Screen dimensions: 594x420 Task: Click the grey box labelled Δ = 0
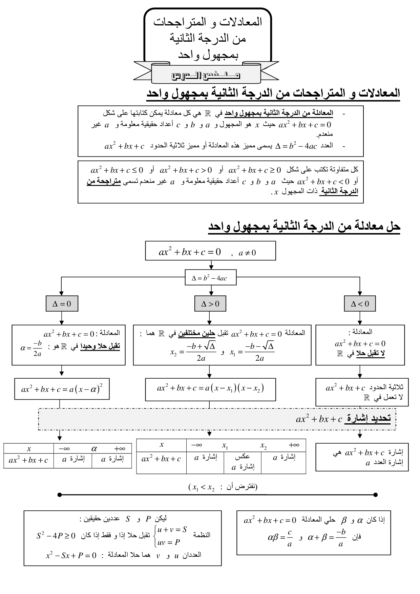(62, 303)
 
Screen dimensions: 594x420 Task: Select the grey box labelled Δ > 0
(210, 303)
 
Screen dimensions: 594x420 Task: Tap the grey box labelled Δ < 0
(360, 303)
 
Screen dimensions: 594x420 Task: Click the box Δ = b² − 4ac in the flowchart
(210, 278)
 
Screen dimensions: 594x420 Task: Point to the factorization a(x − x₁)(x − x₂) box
(210, 388)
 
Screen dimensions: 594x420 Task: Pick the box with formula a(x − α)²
(62, 389)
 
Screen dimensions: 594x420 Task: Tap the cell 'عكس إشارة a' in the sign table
(243, 462)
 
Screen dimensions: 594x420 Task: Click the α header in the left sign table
(94, 449)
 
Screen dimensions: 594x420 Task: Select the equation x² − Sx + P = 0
(71, 555)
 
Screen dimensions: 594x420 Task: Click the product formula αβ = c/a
(280, 538)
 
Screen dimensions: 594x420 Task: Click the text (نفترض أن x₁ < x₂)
(223, 487)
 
